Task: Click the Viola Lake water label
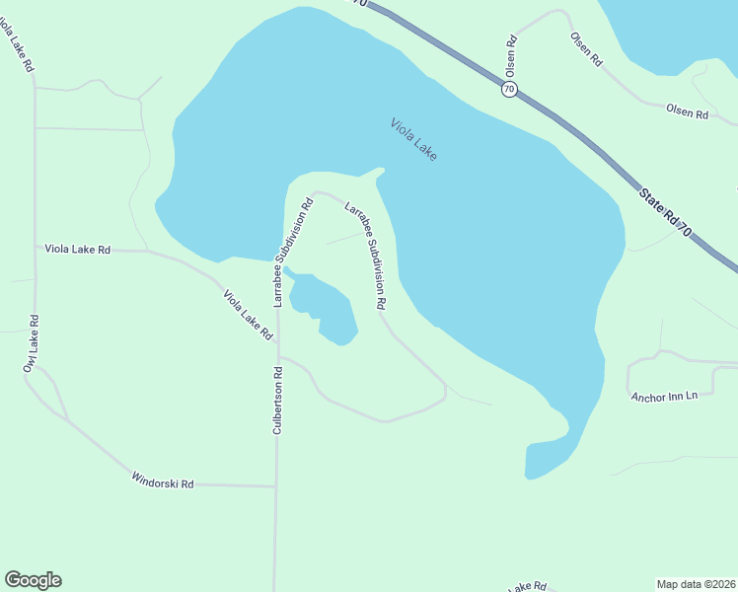[413, 139]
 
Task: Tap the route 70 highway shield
[508, 89]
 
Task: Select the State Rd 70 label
[666, 211]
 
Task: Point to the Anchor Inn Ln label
[663, 396]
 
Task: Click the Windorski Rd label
[163, 481]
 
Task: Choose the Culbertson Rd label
[278, 401]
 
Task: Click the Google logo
[33, 580]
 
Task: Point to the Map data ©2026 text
[697, 583]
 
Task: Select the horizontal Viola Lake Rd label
[77, 250]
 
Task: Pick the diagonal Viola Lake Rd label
[248, 315]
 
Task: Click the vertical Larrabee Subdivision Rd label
[293, 253]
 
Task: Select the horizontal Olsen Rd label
[688, 113]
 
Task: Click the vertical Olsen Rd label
[511, 56]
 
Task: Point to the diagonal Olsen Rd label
[585, 48]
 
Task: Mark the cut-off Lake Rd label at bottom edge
[527, 586]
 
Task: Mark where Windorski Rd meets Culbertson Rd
[275, 485]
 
